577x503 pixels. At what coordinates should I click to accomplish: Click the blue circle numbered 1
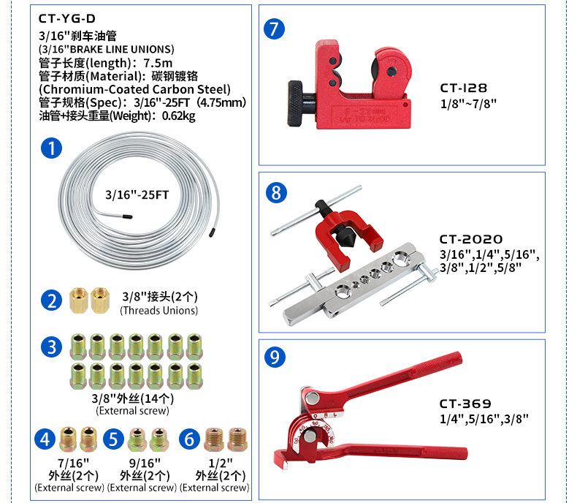52,148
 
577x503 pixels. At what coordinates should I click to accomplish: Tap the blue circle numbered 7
274,29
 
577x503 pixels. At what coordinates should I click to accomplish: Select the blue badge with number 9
275,357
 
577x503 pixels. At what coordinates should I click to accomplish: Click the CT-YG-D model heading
67,18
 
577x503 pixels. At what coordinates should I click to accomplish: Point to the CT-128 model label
464,88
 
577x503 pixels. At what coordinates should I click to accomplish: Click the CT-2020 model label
471,239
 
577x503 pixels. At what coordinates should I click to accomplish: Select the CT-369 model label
465,404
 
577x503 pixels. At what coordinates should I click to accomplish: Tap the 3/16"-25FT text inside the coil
137,194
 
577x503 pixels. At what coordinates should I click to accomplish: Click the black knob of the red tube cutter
296,104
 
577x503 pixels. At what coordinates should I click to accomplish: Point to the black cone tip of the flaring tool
345,241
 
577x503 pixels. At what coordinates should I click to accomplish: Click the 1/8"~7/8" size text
468,104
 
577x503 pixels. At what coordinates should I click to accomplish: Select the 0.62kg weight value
179,116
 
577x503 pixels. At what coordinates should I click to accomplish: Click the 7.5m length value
158,63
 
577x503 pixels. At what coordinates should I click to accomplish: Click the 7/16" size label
74,463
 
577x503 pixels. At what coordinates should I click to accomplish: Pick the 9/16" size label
145,463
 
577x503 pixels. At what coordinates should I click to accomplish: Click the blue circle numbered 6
189,439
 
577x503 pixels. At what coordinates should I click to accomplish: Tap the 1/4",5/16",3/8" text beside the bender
484,419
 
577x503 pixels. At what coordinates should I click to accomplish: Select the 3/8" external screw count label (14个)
132,398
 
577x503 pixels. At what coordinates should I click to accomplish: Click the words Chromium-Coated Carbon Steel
134,89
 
